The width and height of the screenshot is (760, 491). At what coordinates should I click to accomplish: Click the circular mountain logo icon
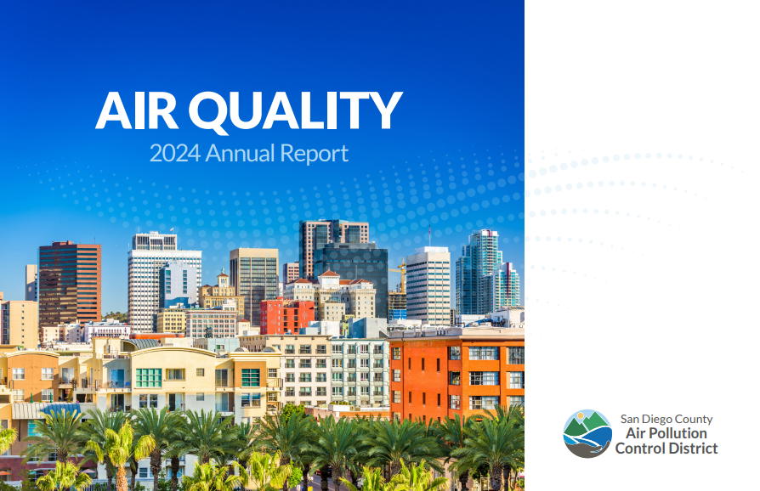click(x=587, y=433)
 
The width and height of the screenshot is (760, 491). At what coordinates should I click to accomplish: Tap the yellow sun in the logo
click(x=581, y=419)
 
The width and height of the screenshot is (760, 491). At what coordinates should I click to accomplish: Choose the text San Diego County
click(x=666, y=419)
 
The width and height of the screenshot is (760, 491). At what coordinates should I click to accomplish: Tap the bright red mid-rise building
click(x=286, y=315)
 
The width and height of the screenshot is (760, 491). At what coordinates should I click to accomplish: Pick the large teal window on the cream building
click(x=149, y=377)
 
